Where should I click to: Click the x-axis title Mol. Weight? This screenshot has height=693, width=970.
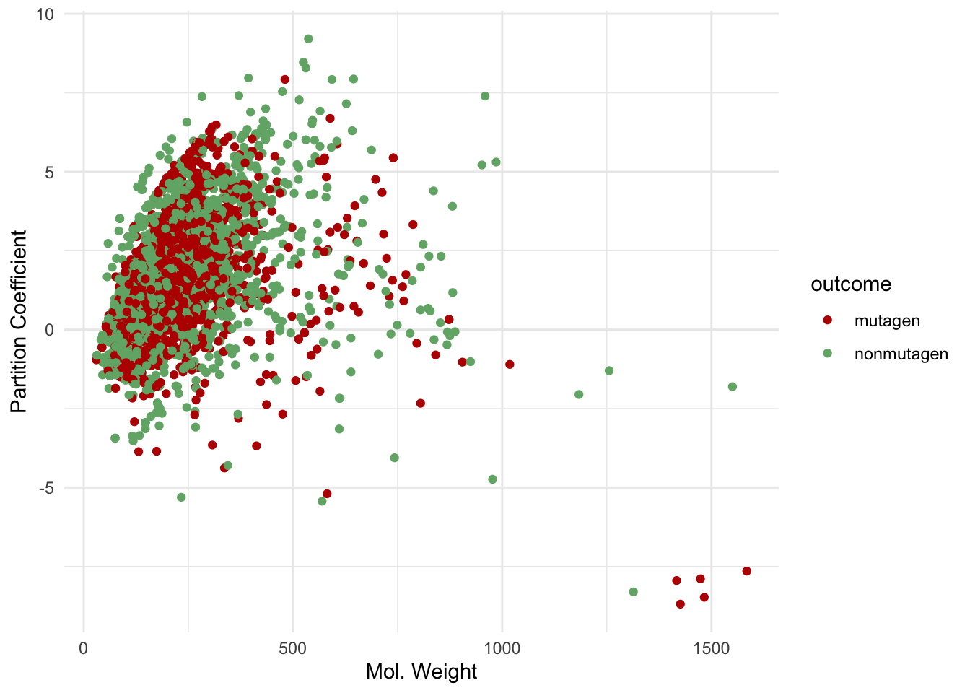[x=421, y=671]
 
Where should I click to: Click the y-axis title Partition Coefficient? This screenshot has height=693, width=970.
[x=19, y=322]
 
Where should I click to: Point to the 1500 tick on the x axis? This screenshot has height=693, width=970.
[x=712, y=648]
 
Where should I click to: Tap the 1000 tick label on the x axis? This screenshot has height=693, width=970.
[x=502, y=648]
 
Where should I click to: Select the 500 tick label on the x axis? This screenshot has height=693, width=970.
[x=293, y=648]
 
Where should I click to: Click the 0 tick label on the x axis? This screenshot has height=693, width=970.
[x=84, y=648]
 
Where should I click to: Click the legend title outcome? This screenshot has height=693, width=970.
[x=851, y=284]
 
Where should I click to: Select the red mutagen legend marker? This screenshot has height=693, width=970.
[x=828, y=320]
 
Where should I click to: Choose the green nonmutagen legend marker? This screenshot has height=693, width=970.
[x=828, y=354]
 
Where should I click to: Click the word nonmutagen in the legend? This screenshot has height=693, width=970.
[x=901, y=354]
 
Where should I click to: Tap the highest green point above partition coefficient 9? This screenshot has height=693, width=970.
[x=308, y=39]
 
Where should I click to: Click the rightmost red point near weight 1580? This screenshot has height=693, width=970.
[x=746, y=571]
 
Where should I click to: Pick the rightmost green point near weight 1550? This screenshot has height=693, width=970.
[x=733, y=387]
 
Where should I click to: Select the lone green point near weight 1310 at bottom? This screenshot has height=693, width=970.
[x=634, y=592]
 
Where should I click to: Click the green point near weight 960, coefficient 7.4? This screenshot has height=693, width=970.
[x=485, y=96]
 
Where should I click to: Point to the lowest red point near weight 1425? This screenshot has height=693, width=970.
[x=680, y=604]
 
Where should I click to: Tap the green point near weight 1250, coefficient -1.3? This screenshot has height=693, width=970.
[x=609, y=371]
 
